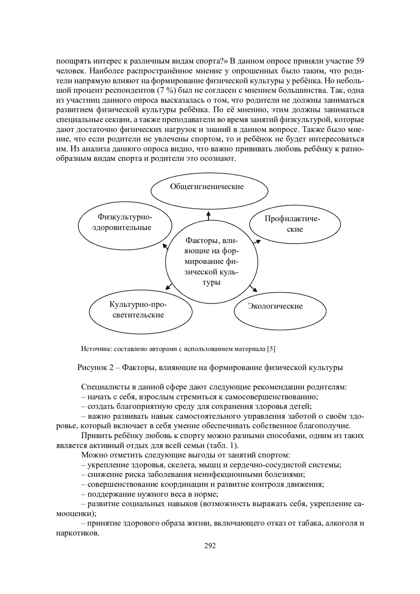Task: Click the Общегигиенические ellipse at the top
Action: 209,191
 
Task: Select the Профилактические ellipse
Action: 294,224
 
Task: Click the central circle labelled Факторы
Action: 211,262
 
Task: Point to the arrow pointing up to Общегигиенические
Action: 209,215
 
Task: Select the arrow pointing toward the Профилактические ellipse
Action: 257,242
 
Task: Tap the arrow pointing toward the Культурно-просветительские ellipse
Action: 169,286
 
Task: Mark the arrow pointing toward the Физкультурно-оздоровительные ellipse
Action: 166,247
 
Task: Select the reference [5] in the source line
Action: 271,349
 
